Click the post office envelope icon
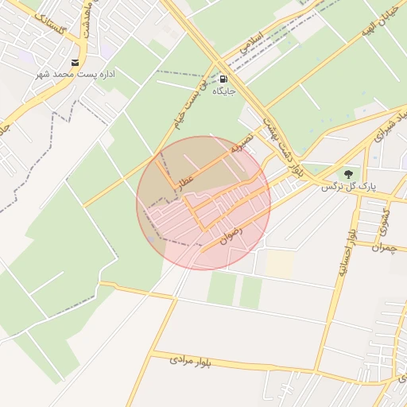click(x=76, y=63)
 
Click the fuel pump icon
click(x=223, y=79)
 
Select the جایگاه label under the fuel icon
click(x=223, y=92)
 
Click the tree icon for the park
click(x=347, y=174)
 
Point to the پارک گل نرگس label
click(x=347, y=187)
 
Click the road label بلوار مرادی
click(x=191, y=361)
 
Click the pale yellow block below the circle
click(x=279, y=265)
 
